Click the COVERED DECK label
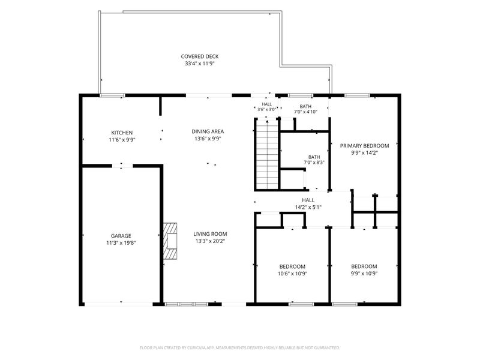pos(200,56)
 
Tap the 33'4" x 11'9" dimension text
pos(200,64)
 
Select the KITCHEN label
pos(122,133)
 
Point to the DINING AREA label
pos(208,131)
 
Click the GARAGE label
pos(121,236)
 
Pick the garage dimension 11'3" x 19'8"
pos(121,243)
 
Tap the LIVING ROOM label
pos(210,234)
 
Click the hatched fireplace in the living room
pos(170,241)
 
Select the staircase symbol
pos(267,155)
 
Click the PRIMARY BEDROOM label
pos(364,146)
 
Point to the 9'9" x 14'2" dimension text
pos(364,153)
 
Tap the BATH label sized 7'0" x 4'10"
pos(305,106)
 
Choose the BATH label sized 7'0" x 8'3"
pos(314,157)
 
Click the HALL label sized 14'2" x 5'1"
pos(308,200)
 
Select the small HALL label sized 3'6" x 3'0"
pos(266,104)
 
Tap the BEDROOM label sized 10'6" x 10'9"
pos(292,266)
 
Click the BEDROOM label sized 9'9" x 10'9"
pos(364,266)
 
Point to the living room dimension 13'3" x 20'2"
pos(210,241)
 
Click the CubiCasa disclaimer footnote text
pos(239,348)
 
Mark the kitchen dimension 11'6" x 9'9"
pos(122,140)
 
